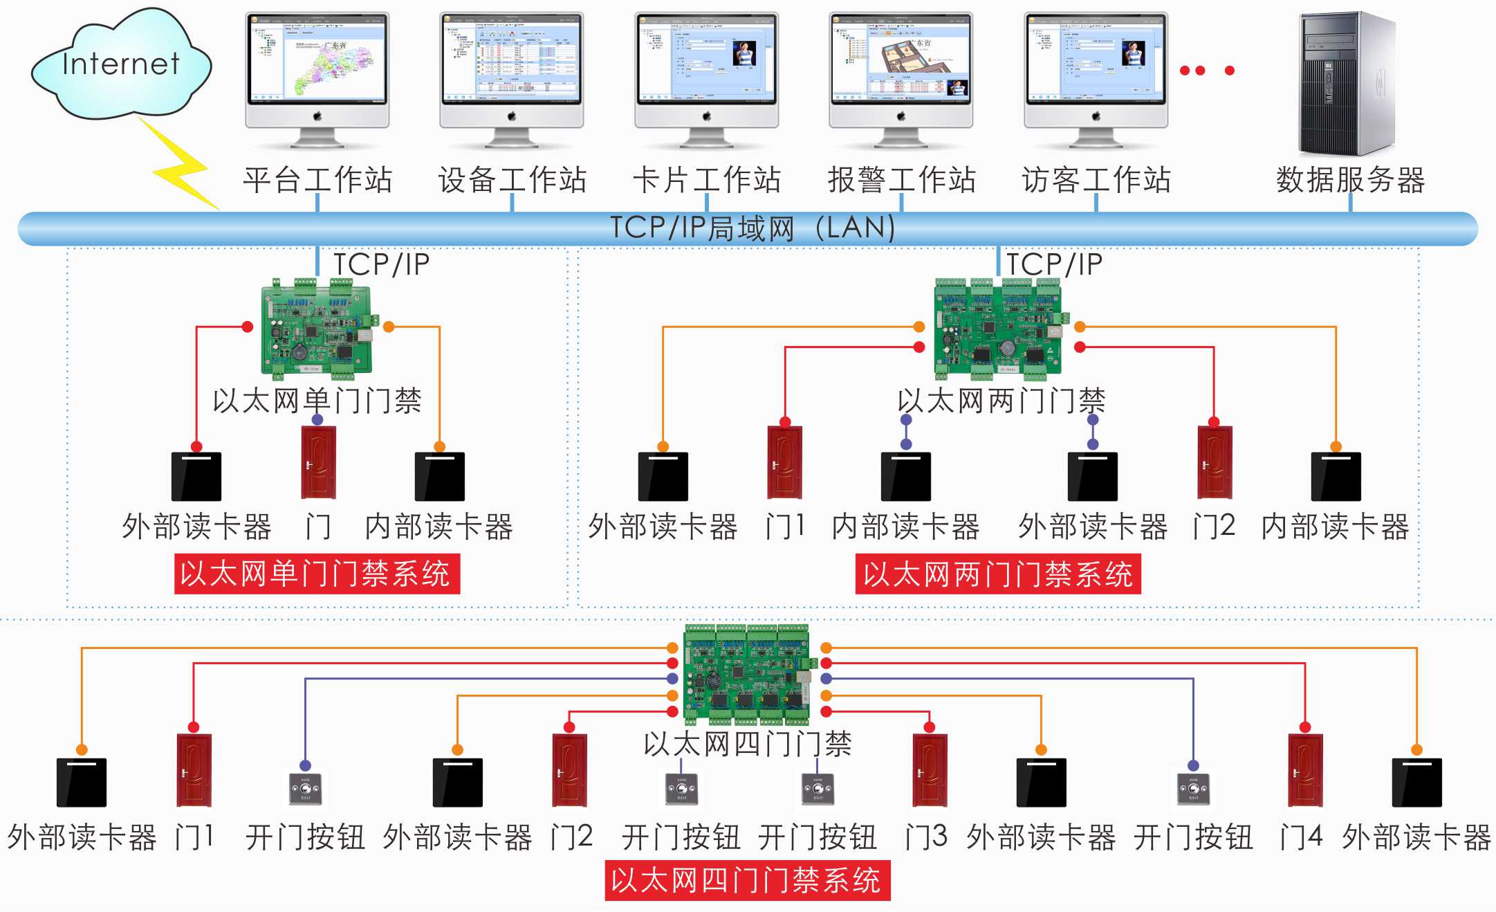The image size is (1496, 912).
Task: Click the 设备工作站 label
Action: pos(512,180)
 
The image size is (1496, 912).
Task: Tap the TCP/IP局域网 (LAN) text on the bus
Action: pos(752,228)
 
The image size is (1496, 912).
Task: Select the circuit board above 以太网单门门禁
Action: pos(317,329)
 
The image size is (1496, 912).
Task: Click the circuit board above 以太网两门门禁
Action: pos(998,329)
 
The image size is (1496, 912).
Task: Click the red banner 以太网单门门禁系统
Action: pos(317,574)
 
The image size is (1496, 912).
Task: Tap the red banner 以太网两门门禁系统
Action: pos(998,574)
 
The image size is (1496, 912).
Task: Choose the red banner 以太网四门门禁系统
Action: pos(748,880)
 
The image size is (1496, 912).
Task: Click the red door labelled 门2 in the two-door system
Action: pos(1215,462)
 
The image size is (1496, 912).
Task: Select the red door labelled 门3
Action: pos(930,769)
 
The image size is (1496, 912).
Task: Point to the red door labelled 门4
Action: pos(1305,769)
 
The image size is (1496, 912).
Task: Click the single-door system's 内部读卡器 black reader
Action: pos(440,476)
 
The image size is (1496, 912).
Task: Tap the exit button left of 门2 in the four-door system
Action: pos(305,788)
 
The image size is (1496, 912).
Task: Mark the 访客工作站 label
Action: pos(1096,180)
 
